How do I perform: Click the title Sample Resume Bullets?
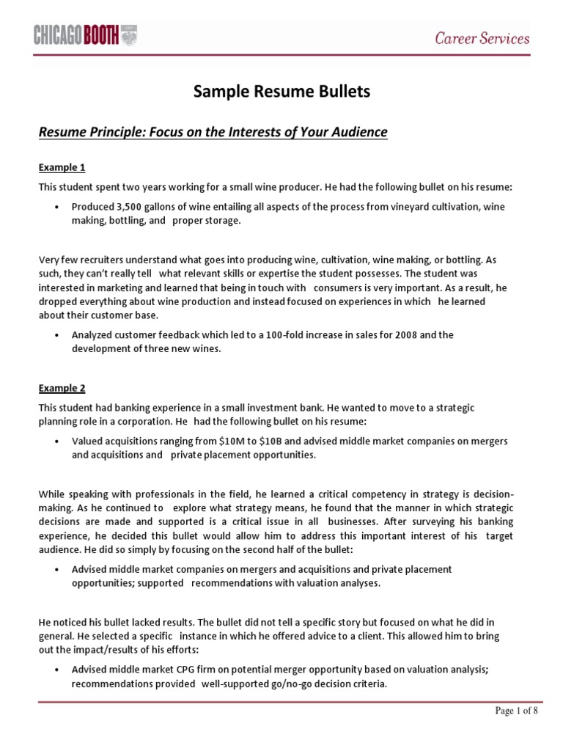click(x=281, y=92)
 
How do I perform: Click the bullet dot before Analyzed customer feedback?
click(x=58, y=335)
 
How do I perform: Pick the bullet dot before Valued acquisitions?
click(x=58, y=442)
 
